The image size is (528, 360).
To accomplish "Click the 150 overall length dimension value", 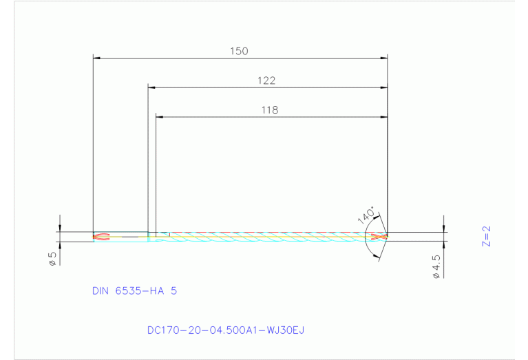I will [x=240, y=51].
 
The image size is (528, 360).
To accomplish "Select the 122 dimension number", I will [x=266, y=81].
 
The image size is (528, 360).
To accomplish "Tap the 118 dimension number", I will [x=270, y=109].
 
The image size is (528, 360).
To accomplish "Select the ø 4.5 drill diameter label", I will [x=436, y=266].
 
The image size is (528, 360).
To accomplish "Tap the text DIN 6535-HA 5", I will [x=134, y=291].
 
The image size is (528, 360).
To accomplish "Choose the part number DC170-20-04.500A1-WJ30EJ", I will [x=225, y=330].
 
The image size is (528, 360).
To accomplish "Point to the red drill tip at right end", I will [x=378, y=237].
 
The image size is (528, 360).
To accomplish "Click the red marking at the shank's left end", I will [x=101, y=237].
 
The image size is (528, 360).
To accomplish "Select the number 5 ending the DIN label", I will [x=173, y=291].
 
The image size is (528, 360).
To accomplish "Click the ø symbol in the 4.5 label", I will [x=436, y=275].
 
